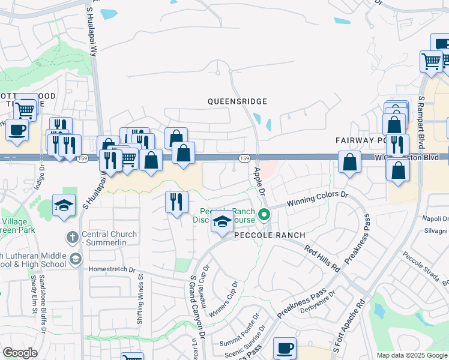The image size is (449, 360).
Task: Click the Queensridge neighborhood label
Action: point(237,102)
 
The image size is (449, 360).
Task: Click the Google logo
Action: point(20,353)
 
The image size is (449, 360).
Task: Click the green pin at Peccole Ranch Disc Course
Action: point(263,214)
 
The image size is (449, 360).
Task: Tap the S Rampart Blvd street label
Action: point(421,119)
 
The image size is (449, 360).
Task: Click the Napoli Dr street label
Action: point(436,219)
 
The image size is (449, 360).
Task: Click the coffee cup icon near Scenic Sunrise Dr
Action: point(285,347)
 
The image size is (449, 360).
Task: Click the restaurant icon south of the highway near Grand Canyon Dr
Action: point(176,202)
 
